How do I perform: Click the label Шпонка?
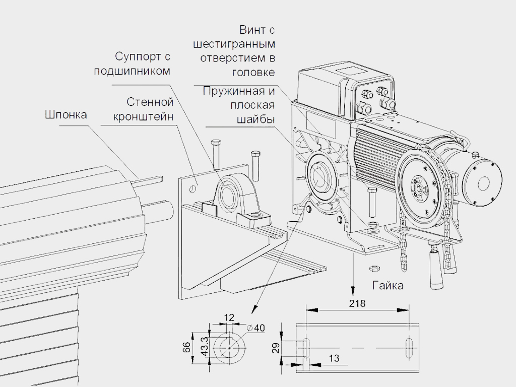66,115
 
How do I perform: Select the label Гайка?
388,286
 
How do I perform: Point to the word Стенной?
150,102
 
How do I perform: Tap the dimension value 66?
186,347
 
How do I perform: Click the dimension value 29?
276,348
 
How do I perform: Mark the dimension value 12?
229,317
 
